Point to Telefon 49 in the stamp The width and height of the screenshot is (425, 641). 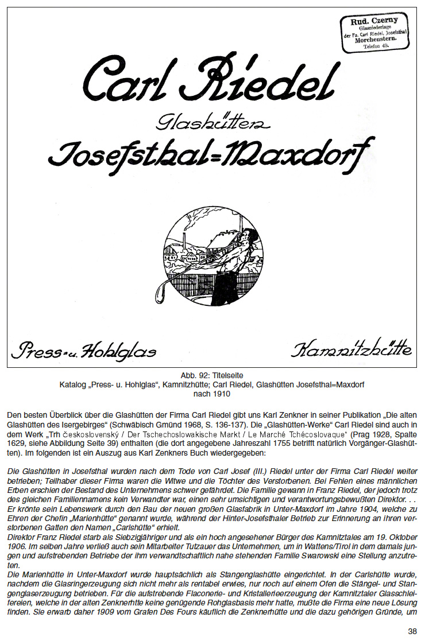[x=375, y=46]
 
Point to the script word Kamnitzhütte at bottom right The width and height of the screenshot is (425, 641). [x=351, y=349]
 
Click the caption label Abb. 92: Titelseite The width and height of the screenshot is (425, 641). [x=212, y=376]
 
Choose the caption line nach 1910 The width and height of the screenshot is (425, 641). [x=212, y=394]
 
